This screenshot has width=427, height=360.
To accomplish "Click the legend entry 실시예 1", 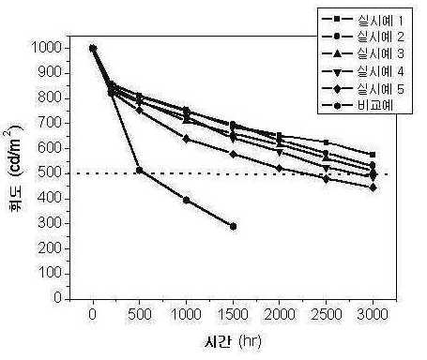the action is [x=363, y=20].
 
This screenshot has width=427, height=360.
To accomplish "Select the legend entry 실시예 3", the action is [x=363, y=54].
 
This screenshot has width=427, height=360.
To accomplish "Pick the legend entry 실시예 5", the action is [x=363, y=89].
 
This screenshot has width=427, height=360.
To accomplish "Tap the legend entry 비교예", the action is [x=358, y=106].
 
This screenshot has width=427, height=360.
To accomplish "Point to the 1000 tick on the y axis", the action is [x=46, y=48].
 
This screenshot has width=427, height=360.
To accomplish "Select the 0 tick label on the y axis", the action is [x=57, y=298].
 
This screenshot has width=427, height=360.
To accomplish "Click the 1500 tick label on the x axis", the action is [x=233, y=314].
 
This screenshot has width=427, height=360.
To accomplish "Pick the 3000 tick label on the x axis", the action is [x=373, y=314].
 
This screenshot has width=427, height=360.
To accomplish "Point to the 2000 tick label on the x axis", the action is [x=280, y=314].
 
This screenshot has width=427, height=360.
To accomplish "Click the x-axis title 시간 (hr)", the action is [x=233, y=342].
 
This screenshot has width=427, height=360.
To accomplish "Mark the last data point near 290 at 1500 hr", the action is [x=233, y=227].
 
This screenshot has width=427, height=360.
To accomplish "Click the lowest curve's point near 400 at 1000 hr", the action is [x=187, y=200].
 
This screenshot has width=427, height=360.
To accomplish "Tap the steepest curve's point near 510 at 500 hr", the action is [x=140, y=171].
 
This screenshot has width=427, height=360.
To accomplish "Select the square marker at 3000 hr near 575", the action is [x=373, y=155].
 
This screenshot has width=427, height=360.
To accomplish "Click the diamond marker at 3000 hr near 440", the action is [x=373, y=187].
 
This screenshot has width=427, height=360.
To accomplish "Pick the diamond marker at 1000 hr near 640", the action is [x=187, y=139].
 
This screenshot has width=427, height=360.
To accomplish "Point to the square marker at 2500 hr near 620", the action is [x=326, y=142].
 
